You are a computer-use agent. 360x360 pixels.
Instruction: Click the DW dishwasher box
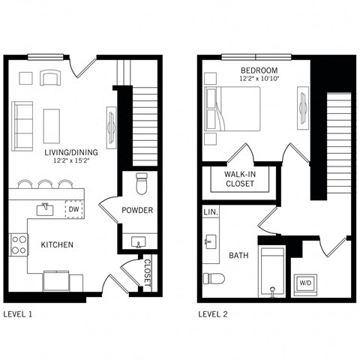(73, 209)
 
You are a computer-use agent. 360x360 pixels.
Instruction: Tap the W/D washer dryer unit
(306, 283)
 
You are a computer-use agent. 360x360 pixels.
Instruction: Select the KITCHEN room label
(56, 244)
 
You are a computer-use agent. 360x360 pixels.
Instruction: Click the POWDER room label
(137, 211)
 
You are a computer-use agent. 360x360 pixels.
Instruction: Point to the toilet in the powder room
(139, 182)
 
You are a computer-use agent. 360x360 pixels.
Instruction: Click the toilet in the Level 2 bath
(214, 278)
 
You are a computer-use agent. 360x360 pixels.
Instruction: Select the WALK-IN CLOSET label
(238, 178)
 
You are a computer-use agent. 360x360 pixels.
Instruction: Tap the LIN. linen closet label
(211, 213)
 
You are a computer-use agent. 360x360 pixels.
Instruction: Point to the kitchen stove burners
(19, 244)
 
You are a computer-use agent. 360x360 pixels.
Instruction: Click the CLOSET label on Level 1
(146, 273)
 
